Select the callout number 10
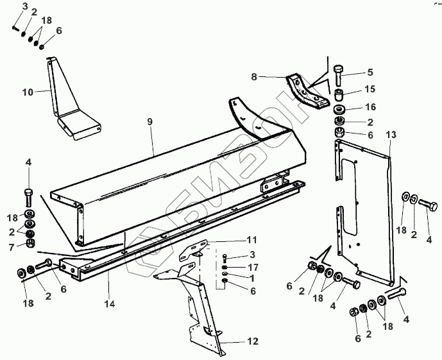(x=28, y=92)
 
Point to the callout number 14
(x=111, y=303)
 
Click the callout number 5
(x=369, y=72)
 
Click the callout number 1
(x=252, y=279)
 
